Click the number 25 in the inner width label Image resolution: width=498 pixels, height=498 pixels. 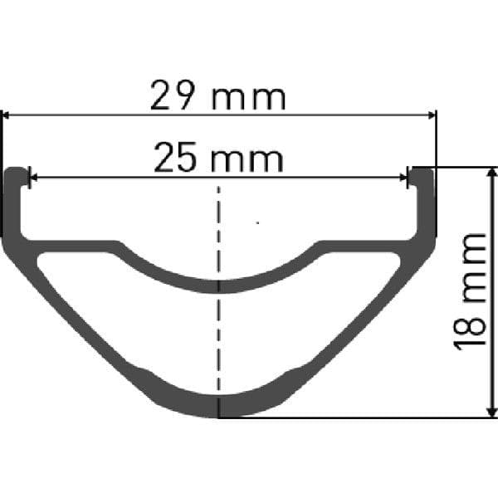(x=175, y=157)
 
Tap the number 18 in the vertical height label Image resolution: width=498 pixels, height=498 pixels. (x=470, y=331)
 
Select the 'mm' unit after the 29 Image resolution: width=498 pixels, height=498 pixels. (x=248, y=99)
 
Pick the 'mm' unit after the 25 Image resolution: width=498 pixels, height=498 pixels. (x=247, y=160)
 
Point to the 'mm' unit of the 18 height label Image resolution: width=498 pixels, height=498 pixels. (x=474, y=267)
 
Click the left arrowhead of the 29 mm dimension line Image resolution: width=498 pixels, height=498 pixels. (x=6, y=115)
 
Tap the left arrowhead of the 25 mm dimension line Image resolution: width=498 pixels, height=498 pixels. (x=33, y=178)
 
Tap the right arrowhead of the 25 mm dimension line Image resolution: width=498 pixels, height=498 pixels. (x=403, y=178)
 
